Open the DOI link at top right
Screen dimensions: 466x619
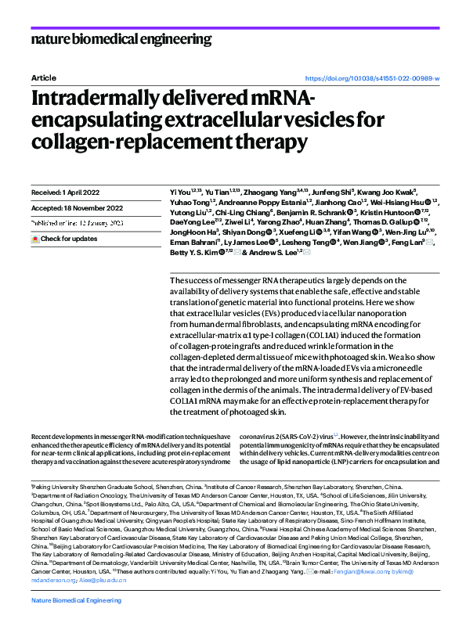(371, 79)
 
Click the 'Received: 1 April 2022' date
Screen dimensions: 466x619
(68, 192)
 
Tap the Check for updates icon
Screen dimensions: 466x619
(34, 238)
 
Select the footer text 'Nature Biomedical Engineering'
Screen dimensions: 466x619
(76, 600)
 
